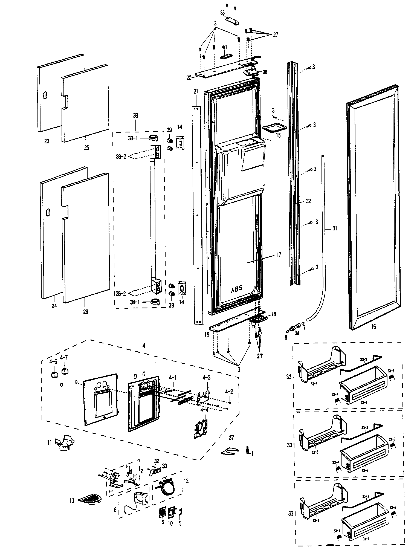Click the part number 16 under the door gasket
pos(373,326)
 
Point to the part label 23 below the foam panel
pos(47,141)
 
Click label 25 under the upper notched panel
pos(86,148)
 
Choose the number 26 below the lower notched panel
pos(86,311)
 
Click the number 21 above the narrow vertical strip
pos(196,91)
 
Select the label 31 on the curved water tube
pos(335,228)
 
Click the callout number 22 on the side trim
pos(308,201)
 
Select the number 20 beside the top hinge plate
pos(189,78)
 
